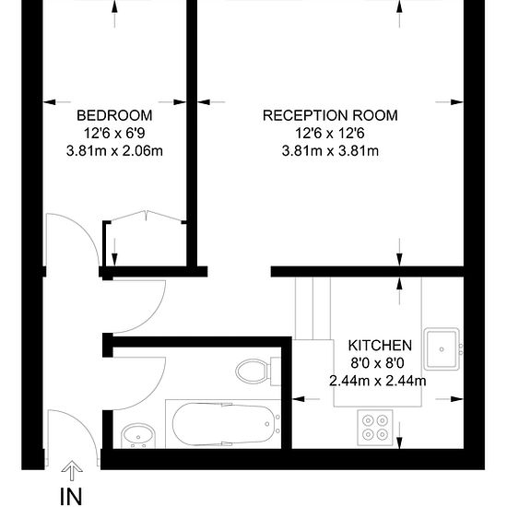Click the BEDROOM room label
click(x=114, y=115)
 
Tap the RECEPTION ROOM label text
click(x=330, y=115)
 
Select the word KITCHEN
click(x=380, y=346)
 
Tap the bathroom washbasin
click(x=138, y=436)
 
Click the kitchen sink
click(x=442, y=349)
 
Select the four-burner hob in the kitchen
click(x=375, y=428)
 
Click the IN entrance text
click(x=72, y=496)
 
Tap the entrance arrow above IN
click(x=72, y=471)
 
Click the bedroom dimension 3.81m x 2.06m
click(x=114, y=151)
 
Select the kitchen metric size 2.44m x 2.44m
click(x=378, y=381)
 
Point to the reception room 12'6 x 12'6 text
click(x=330, y=134)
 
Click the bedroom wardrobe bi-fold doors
click(x=147, y=216)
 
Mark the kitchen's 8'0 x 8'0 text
click(x=378, y=363)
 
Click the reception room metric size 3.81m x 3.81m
click(x=330, y=151)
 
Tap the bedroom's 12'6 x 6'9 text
click(x=114, y=134)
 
